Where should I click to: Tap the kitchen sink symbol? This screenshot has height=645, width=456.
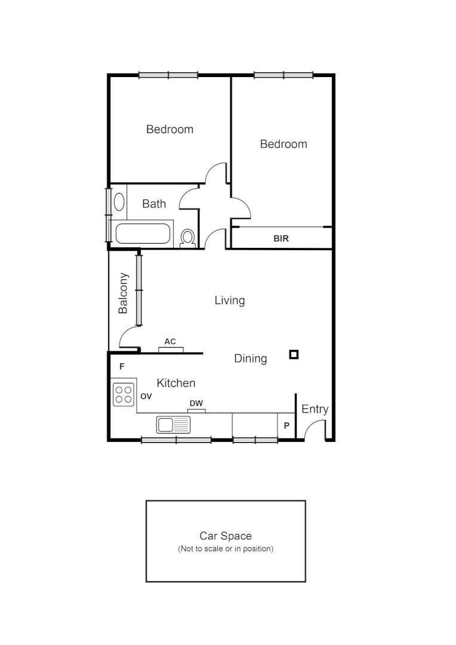coord(173,425)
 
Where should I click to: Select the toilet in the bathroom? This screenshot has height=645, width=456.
coord(188,238)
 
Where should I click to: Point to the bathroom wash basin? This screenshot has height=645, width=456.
coord(119,201)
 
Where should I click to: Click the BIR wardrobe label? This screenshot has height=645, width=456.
coord(281,238)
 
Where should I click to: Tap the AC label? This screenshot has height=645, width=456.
coord(170,342)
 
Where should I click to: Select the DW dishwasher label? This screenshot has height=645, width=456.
coord(196,404)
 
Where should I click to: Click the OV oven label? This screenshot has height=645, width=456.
coord(146,396)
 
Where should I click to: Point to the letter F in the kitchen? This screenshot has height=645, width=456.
coord(122,366)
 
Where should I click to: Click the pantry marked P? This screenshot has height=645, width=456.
coord(286,426)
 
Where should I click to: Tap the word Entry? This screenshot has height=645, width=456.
coord(315,409)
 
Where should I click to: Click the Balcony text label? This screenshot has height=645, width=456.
coord(124,293)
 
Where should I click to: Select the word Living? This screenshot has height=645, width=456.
coord(230,300)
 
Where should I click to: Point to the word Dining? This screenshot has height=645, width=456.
coord(250,358)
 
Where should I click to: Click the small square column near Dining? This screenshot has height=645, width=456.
coord(293,355)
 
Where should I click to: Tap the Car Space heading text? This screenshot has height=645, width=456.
coord(226,536)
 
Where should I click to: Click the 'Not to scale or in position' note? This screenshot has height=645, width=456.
coord(226,548)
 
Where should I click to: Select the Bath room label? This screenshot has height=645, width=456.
coord(154,204)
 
